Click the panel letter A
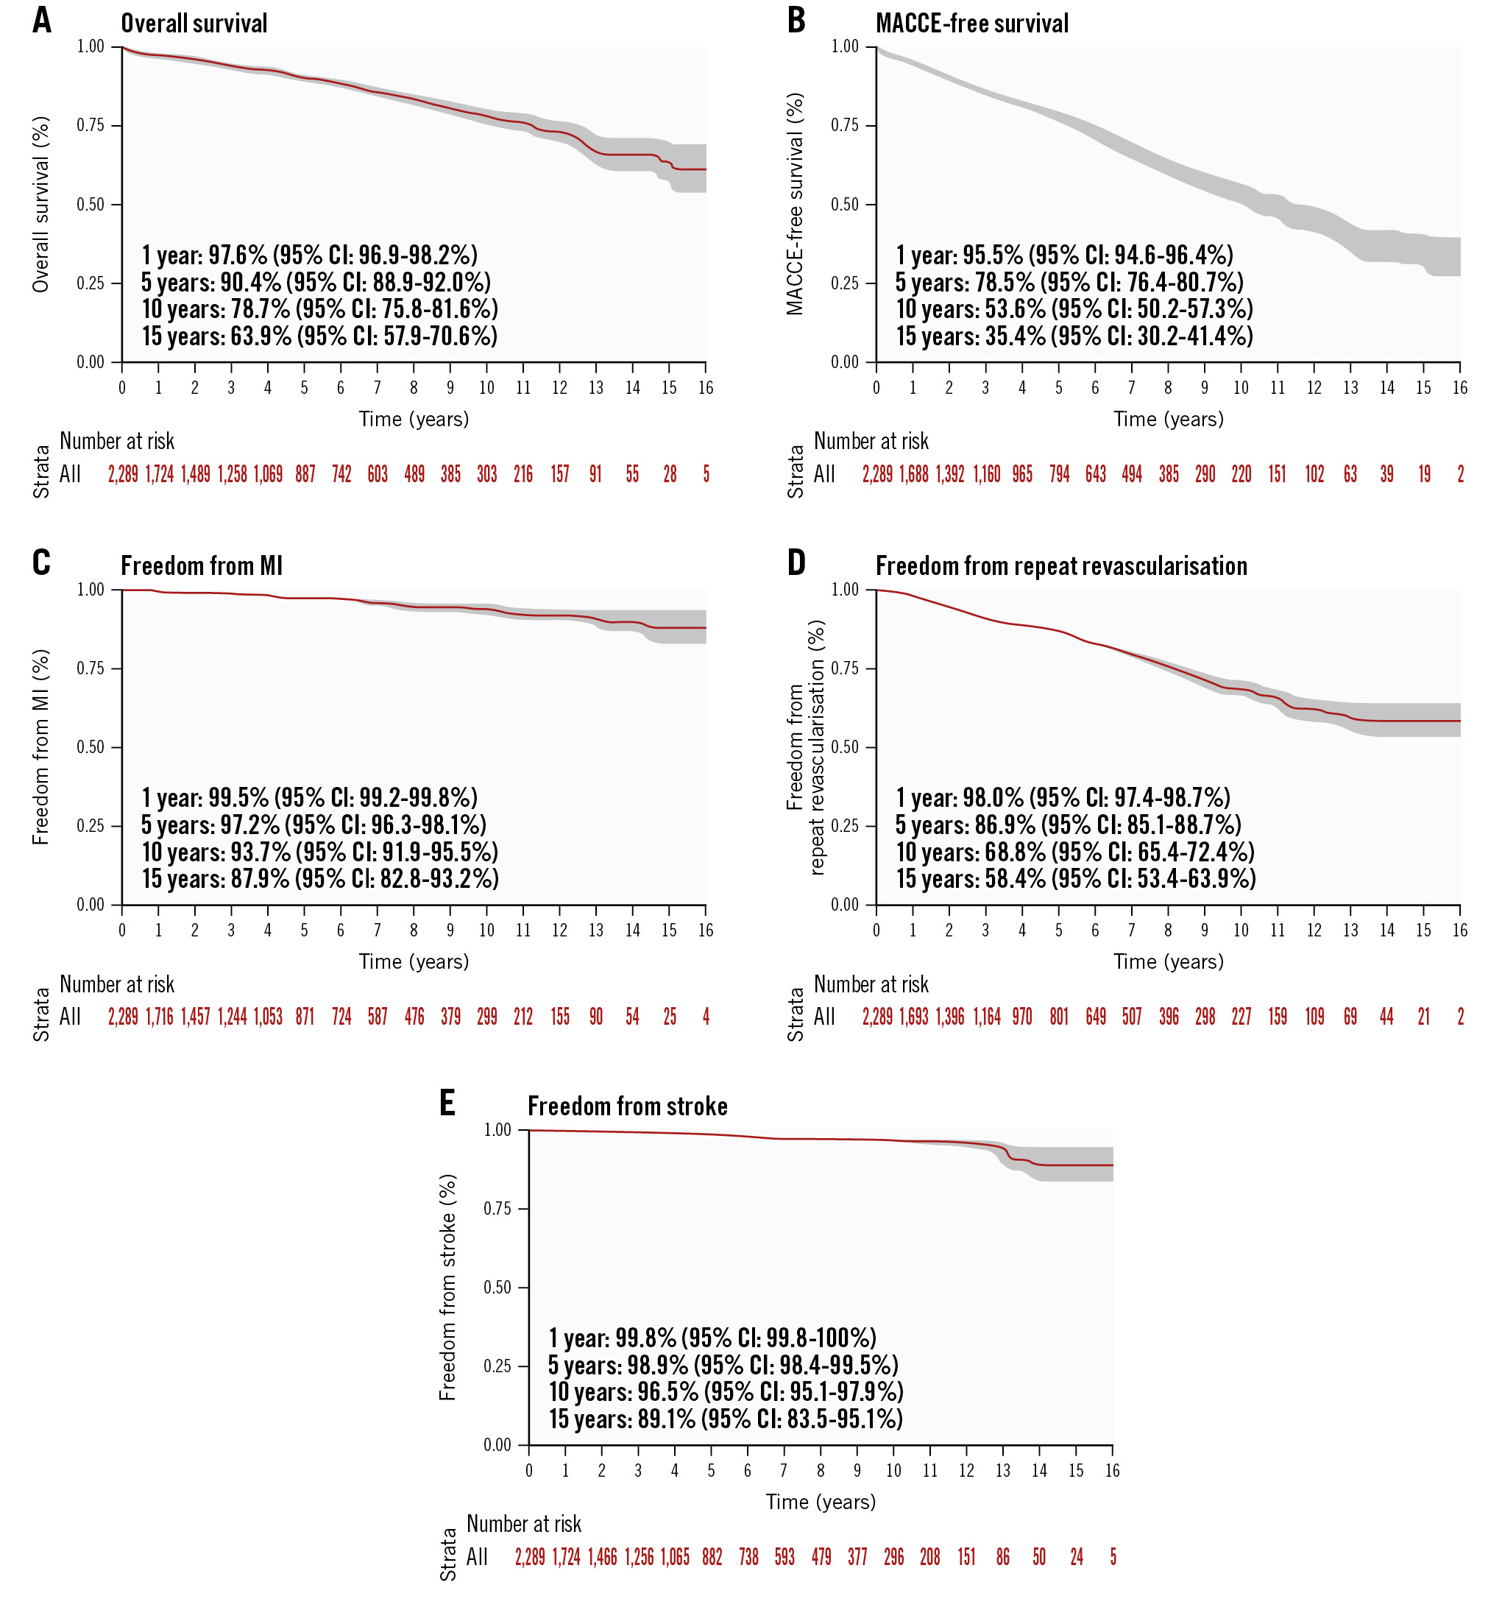pyautogui.click(x=42, y=21)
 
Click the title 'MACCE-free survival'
pyautogui.click(x=971, y=24)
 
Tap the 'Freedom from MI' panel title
pyautogui.click(x=202, y=565)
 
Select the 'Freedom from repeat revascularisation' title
pyautogui.click(x=1060, y=565)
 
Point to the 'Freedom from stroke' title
pyautogui.click(x=627, y=1106)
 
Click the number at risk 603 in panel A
pyautogui.click(x=378, y=474)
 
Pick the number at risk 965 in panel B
pyautogui.click(x=1022, y=474)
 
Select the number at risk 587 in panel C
pyautogui.click(x=378, y=1017)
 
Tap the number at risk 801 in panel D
pyautogui.click(x=1058, y=1017)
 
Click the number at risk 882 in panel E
pyautogui.click(x=712, y=1556)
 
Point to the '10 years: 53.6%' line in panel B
pyautogui.click(x=1074, y=309)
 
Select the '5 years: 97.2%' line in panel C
pyautogui.click(x=313, y=825)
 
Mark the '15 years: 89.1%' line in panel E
pyautogui.click(x=726, y=1419)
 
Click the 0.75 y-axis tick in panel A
pyautogui.click(x=91, y=126)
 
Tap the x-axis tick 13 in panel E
pyautogui.click(x=1002, y=1471)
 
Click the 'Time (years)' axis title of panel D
pyautogui.click(x=1168, y=961)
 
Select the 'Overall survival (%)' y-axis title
pyautogui.click(x=40, y=204)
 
